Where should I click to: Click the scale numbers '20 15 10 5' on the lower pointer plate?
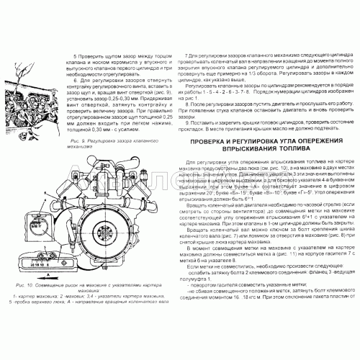(x=30, y=266)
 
